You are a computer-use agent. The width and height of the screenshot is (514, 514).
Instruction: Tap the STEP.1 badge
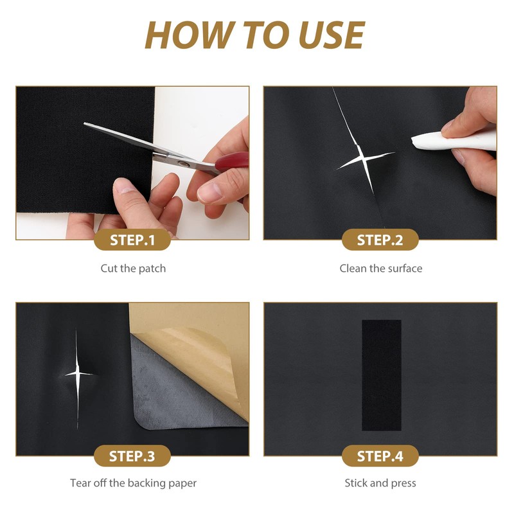coord(132,240)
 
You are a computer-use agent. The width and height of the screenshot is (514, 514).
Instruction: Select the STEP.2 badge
coord(380,240)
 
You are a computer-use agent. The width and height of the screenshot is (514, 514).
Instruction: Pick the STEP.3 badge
coord(132,456)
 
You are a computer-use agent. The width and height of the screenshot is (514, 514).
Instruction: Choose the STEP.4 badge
coord(380,456)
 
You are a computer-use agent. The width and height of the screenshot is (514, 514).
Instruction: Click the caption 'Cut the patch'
coord(133,269)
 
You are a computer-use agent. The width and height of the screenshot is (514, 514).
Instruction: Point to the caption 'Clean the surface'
coord(381,269)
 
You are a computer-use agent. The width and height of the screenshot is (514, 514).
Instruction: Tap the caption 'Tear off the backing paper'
coord(133,483)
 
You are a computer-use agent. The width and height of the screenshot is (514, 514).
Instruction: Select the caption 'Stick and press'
coord(380,483)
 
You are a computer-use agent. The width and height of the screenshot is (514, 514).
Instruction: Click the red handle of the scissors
coord(232,161)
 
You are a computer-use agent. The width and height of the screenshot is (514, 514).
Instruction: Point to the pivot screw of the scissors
coord(181,163)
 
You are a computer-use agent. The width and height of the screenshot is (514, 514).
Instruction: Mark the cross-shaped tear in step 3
coord(77,374)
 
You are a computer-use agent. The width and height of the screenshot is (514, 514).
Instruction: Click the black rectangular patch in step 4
coord(382,375)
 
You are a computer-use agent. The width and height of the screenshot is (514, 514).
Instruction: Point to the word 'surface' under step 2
coord(405,269)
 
